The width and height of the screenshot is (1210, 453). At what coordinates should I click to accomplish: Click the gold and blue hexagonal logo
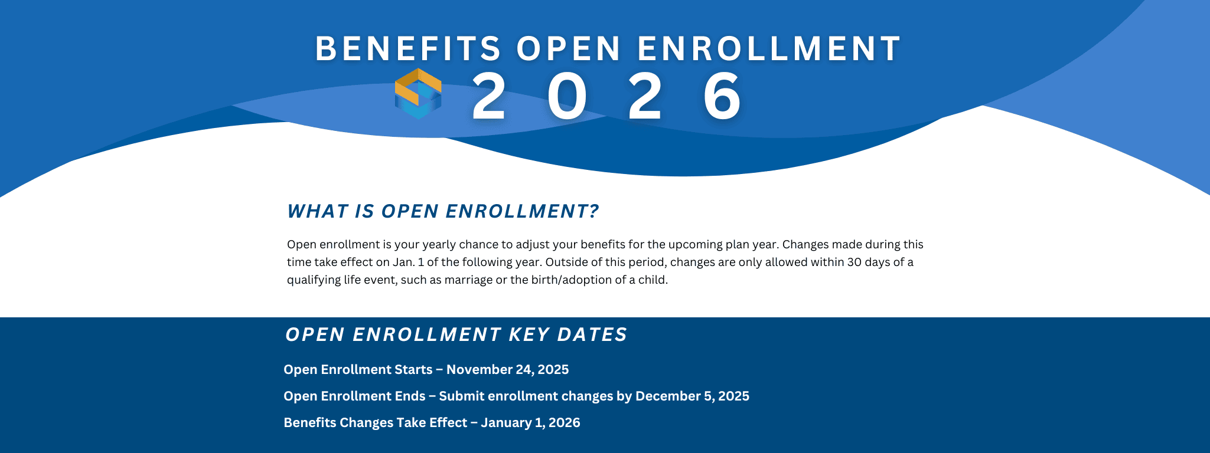[418, 93]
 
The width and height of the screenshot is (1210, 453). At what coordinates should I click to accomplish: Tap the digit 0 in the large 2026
[567, 97]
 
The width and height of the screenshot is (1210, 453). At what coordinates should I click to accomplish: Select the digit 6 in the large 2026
[722, 97]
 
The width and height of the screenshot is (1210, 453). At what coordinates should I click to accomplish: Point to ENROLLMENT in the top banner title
[769, 48]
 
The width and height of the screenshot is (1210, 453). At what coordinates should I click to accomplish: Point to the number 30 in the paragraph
[854, 262]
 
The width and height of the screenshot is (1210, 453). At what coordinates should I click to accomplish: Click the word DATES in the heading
[592, 334]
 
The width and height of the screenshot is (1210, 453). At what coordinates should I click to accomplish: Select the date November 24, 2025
[507, 370]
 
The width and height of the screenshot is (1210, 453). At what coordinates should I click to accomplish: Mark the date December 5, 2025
[692, 396]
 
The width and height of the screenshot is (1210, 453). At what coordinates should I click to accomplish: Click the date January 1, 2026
[530, 423]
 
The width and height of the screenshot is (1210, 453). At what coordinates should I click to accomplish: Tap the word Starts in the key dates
[414, 370]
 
